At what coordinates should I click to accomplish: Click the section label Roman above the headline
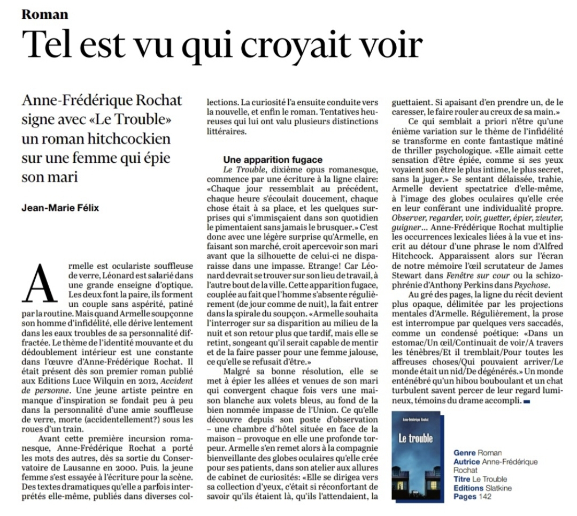(x=45, y=13)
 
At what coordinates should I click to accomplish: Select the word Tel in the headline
(x=50, y=45)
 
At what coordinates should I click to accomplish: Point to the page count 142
(x=484, y=497)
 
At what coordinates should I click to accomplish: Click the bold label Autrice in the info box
(x=466, y=461)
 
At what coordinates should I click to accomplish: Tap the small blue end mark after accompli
(x=527, y=401)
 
